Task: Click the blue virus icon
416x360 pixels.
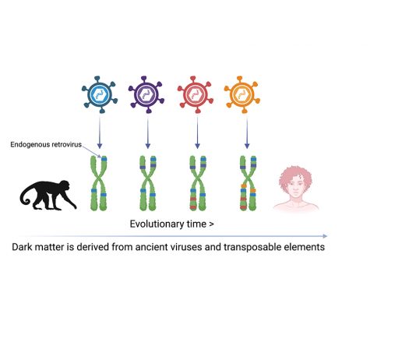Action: click(x=100, y=94)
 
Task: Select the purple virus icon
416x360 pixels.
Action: click(x=146, y=94)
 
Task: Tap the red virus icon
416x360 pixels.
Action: click(x=196, y=94)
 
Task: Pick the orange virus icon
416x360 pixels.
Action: click(x=242, y=94)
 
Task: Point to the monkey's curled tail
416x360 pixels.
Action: click(x=26, y=195)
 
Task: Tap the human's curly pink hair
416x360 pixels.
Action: click(x=295, y=176)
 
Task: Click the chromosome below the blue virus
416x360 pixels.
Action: click(x=99, y=183)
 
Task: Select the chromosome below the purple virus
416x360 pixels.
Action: click(x=148, y=183)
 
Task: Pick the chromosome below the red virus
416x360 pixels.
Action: click(x=198, y=183)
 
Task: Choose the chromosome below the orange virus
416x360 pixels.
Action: click(x=248, y=183)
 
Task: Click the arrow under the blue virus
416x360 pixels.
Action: click(x=100, y=132)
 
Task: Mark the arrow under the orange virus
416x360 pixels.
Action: click(x=247, y=132)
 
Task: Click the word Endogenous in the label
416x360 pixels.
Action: click(x=30, y=145)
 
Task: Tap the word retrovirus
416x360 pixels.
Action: click(x=66, y=145)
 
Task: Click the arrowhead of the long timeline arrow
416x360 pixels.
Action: click(x=326, y=236)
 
